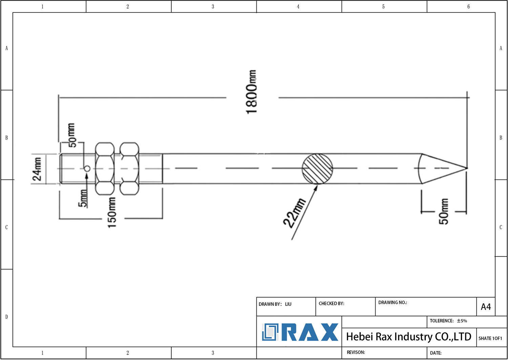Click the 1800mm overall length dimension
point(252,92)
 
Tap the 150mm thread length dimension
point(112,213)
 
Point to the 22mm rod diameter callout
point(294,213)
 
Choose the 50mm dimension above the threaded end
point(72,135)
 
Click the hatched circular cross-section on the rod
point(317,168)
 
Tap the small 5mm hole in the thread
point(87,168)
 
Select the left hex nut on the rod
point(105,168)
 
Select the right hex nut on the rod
point(129,168)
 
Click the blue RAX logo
point(300,332)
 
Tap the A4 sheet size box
point(486,307)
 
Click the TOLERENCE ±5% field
point(448,321)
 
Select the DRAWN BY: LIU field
point(275,304)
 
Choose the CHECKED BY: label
point(331,303)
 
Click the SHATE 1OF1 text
point(490,338)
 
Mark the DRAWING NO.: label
point(393,302)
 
